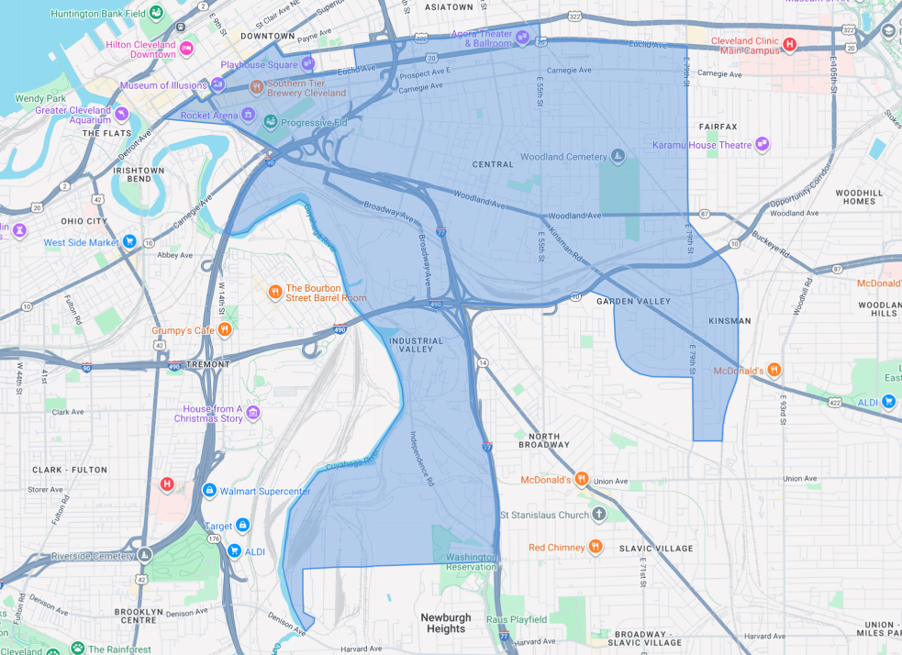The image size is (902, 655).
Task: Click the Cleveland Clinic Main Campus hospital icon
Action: pos(789,44)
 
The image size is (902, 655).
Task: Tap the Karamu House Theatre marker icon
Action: pos(762,144)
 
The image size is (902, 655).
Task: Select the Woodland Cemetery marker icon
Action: pos(618,157)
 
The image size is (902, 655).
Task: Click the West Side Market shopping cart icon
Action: pos(129,242)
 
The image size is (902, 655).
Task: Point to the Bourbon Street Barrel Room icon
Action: pos(274,292)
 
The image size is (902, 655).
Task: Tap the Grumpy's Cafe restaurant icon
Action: pos(224,330)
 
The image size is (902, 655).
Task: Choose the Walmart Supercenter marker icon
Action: pos(209,491)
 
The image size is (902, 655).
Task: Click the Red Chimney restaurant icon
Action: pos(596,547)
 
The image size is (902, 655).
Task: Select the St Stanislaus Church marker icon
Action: pos(598,515)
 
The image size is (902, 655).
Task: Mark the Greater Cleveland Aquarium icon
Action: pos(121,115)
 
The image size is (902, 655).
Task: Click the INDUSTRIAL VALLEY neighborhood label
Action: pos(416,345)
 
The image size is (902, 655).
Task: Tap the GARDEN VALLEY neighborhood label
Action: pos(633,301)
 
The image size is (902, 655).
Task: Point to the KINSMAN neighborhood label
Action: pos(729,321)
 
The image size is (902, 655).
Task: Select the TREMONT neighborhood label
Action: pos(207,364)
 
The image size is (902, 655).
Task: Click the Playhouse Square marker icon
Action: pos(308,64)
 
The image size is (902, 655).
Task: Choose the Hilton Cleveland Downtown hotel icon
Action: pos(186,48)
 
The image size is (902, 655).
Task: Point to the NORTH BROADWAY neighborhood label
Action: pos(543,440)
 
